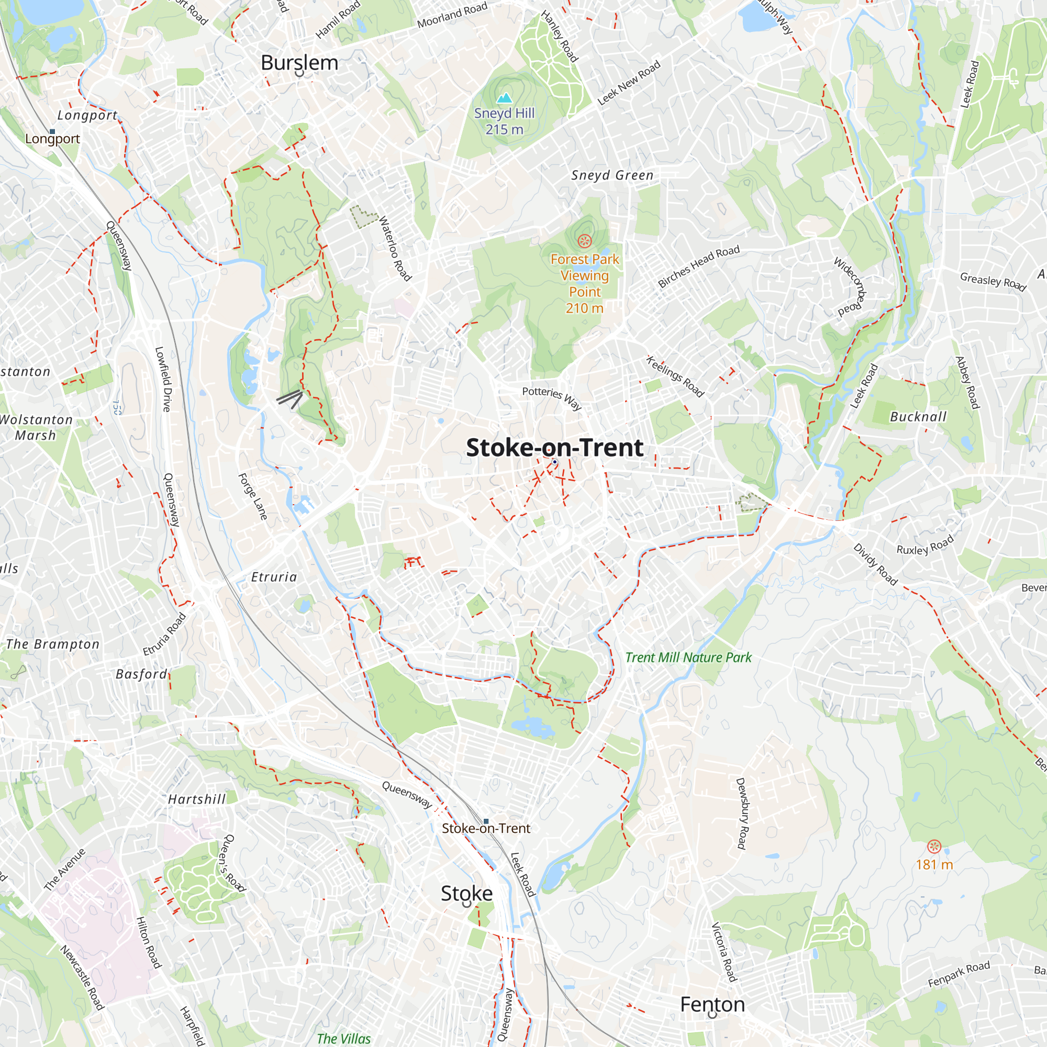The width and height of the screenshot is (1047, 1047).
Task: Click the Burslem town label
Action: (x=299, y=63)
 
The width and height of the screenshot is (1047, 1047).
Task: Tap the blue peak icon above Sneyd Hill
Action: (x=505, y=98)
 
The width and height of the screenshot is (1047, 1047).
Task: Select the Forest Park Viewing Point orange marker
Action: (x=584, y=241)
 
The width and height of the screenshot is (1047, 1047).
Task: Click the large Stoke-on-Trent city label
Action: (x=554, y=448)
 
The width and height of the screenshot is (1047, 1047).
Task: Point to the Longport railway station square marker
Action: (x=52, y=132)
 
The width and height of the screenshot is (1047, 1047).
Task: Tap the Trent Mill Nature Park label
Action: (x=688, y=658)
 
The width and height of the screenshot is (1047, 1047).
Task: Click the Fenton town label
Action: (x=712, y=1004)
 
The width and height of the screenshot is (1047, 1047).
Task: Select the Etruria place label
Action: (x=274, y=577)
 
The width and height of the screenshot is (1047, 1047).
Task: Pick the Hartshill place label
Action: (x=197, y=799)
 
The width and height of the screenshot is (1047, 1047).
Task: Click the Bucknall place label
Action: (x=918, y=417)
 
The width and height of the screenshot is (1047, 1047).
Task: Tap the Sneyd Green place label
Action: (x=612, y=175)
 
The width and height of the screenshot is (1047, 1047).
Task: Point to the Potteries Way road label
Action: (x=552, y=398)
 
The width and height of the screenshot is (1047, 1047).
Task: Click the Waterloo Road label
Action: (x=395, y=248)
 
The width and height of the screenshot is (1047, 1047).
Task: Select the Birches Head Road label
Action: (x=698, y=266)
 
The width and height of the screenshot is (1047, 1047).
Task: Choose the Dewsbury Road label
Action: (x=741, y=813)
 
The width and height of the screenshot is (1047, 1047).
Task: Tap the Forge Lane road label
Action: (x=253, y=496)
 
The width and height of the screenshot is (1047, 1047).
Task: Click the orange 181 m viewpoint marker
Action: (x=934, y=846)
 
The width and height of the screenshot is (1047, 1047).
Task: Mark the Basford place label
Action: (x=141, y=674)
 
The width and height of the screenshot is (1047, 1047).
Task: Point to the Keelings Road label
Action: (x=675, y=376)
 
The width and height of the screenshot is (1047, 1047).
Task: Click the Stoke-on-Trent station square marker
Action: (x=486, y=821)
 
